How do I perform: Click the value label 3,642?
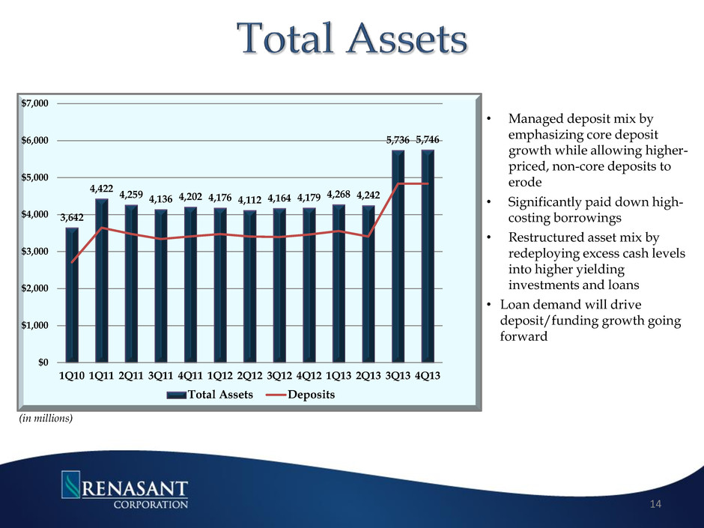point(72,218)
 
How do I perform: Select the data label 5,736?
point(398,140)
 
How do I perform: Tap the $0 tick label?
point(46,362)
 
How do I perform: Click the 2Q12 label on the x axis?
point(249,377)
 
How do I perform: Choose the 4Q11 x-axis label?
point(190,377)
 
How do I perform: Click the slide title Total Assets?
point(351,40)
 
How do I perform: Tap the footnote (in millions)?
point(46,419)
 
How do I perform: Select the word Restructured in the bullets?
point(544,237)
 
